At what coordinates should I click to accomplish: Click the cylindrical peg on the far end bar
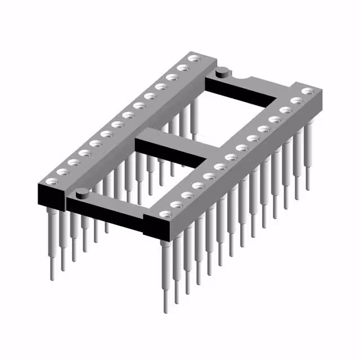[x=223, y=71]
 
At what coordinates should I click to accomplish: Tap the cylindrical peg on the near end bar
[x=82, y=193]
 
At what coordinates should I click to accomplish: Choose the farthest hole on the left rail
[x=194, y=58]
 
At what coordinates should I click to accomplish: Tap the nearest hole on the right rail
[x=164, y=214]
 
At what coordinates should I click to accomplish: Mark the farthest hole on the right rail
[x=307, y=91]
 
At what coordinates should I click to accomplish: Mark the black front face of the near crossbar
[x=107, y=217]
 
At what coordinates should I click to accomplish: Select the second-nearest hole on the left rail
[x=62, y=172]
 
